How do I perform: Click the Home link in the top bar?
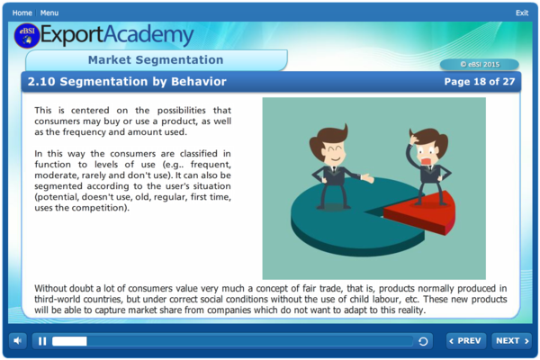click(x=22, y=13)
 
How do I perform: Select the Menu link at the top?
click(x=49, y=13)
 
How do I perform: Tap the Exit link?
click(x=522, y=13)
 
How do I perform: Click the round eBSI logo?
click(x=27, y=36)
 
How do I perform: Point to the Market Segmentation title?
click(x=156, y=60)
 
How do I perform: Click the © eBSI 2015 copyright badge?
click(x=480, y=65)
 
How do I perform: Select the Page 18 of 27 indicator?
click(x=480, y=82)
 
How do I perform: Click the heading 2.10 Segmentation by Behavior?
click(x=127, y=82)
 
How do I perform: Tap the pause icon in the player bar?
click(x=42, y=341)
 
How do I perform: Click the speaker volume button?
click(x=18, y=341)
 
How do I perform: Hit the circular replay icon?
click(x=423, y=341)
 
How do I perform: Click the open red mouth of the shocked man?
click(x=426, y=161)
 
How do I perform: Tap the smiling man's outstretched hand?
click(x=367, y=178)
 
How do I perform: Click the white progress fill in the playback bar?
click(x=69, y=341)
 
